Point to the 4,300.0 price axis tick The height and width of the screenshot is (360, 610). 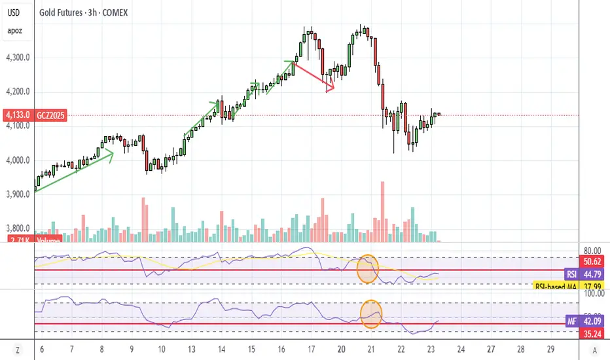pyautogui.click(x=15, y=58)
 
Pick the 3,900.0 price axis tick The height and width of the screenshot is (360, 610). pyautogui.click(x=15, y=194)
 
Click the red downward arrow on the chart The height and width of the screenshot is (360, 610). pyautogui.click(x=314, y=76)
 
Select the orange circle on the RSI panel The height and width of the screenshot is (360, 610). pyautogui.click(x=367, y=269)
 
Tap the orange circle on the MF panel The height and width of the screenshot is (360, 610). pyautogui.click(x=371, y=313)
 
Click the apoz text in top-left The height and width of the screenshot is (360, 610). pyautogui.click(x=15, y=31)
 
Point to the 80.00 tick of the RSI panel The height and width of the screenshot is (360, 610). pyautogui.click(x=593, y=249)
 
